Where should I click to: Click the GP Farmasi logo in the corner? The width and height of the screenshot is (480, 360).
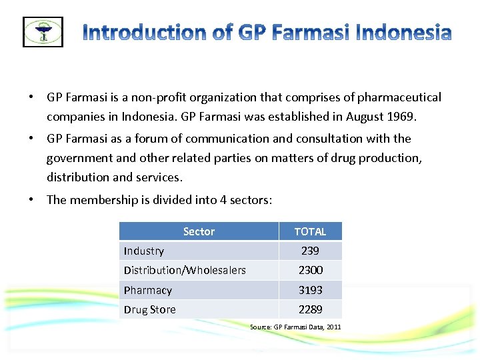[43, 31]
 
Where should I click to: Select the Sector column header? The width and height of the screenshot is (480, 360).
[199, 231]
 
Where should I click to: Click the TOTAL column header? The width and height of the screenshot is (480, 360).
[310, 231]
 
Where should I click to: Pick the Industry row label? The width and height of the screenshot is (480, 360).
[144, 251]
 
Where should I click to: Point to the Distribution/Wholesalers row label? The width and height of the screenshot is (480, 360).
[185, 270]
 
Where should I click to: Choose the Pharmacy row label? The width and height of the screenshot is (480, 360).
[148, 290]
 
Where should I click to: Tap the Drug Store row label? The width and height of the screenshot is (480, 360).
[150, 309]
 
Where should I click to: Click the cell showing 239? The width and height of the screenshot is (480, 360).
[310, 251]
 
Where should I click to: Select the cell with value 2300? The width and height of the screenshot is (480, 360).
[310, 270]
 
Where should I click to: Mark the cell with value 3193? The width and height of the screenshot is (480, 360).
[310, 290]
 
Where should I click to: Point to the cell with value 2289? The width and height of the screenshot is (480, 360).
[310, 309]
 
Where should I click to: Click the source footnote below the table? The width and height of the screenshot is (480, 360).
[295, 327]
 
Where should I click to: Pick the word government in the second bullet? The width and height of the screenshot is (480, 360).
[78, 158]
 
